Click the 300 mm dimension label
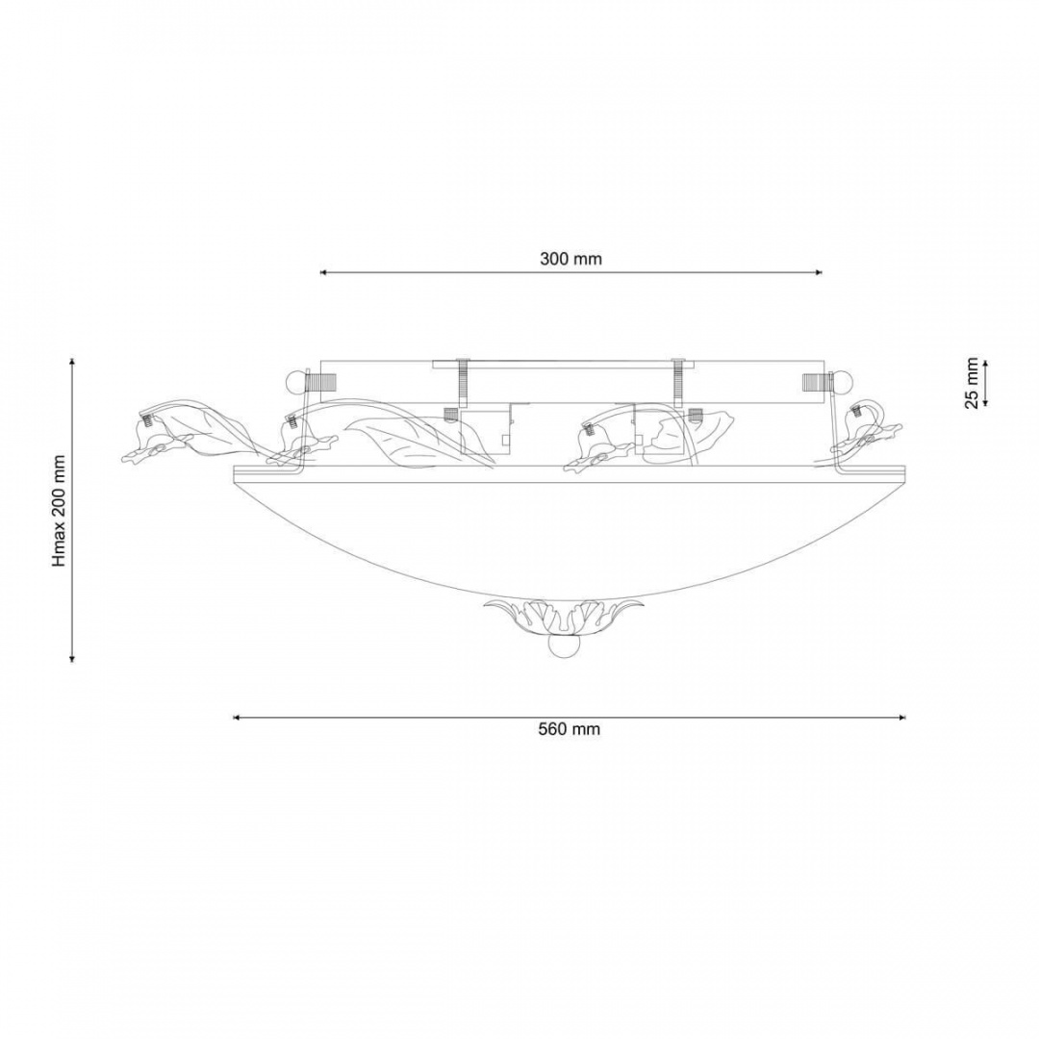pyautogui.click(x=570, y=259)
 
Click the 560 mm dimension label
pyautogui.click(x=570, y=729)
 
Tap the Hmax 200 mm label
pyautogui.click(x=59, y=510)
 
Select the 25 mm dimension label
pyautogui.click(x=971, y=383)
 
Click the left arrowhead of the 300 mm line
pyautogui.click(x=325, y=271)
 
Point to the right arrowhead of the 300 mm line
pyautogui.click(x=818, y=271)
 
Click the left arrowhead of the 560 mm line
pyautogui.click(x=238, y=717)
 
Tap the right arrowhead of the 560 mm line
pyautogui.click(x=901, y=717)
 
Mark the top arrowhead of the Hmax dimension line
pyautogui.click(x=71, y=362)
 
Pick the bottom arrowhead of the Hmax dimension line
pyautogui.click(x=71, y=657)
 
